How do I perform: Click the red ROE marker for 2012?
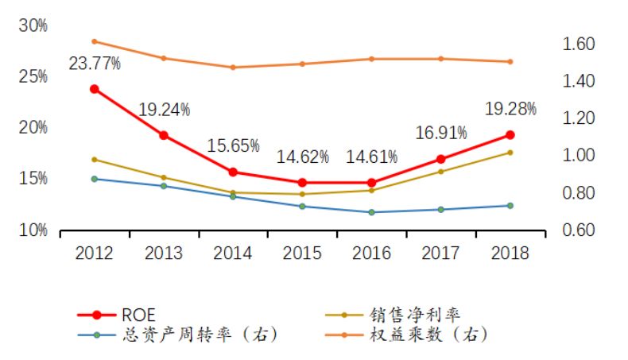click(95, 89)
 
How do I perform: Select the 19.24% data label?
click(165, 110)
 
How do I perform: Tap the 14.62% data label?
click(302, 157)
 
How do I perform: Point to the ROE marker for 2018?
click(510, 135)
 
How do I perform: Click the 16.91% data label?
click(440, 133)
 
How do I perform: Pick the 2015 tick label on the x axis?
click(302, 253)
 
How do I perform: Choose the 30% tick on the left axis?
click(33, 25)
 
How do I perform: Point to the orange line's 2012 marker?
click(95, 41)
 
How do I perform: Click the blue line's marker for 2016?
click(371, 212)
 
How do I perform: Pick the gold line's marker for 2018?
click(510, 153)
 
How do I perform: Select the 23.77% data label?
click(95, 64)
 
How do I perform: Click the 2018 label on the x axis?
click(510, 253)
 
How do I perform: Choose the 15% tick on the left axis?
click(33, 179)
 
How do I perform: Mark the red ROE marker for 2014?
click(233, 172)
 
